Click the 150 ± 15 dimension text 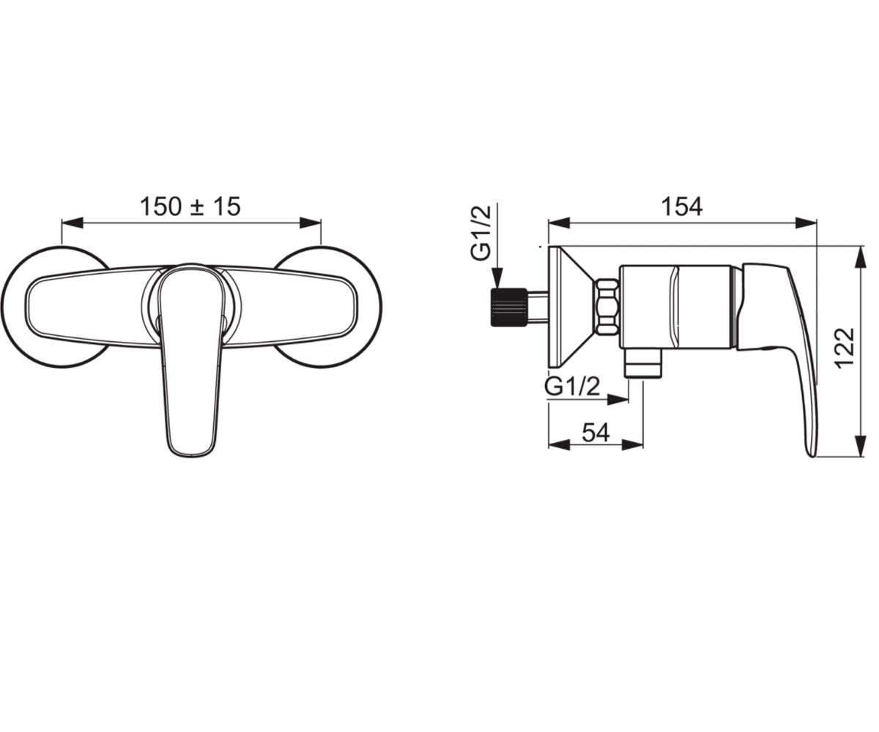[190, 206]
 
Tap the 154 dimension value [682, 206]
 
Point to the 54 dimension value [596, 432]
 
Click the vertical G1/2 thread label [481, 233]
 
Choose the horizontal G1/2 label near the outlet [572, 386]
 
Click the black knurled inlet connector [509, 307]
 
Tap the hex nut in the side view [607, 307]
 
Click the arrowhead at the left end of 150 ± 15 [72, 223]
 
